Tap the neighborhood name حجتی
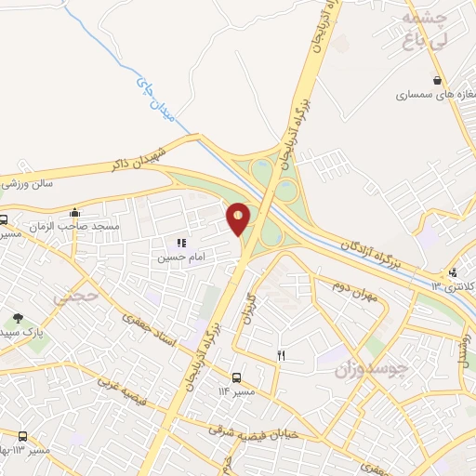[x=74, y=297]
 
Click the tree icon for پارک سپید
[x=18, y=318]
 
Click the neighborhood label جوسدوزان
[x=372, y=368]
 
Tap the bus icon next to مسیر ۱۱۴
[x=236, y=377]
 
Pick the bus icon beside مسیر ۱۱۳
[x=22, y=437]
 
